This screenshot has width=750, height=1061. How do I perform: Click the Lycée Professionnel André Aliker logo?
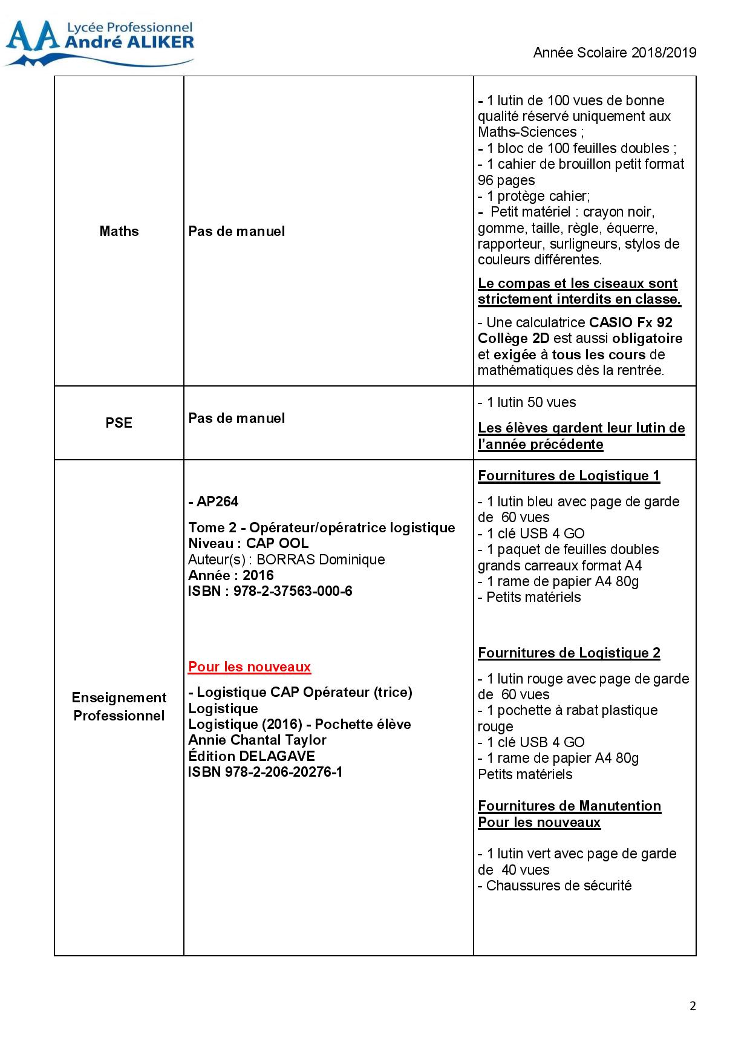point(100,42)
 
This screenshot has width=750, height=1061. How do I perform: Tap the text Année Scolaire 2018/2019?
point(615,53)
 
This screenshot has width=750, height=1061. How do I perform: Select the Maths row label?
point(119,231)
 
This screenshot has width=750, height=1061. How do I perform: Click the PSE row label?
point(119,423)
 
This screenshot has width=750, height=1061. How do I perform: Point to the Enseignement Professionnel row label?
point(119,707)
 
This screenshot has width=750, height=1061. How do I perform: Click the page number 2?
point(693,1006)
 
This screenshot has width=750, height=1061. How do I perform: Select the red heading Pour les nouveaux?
point(249,667)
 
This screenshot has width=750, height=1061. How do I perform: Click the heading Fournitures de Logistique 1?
point(569,475)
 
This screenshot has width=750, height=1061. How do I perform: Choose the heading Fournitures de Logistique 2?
point(569,653)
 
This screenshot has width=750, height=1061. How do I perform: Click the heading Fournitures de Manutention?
point(569,806)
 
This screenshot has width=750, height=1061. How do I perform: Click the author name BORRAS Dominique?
point(321,560)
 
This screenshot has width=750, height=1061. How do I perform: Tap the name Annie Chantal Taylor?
point(257,740)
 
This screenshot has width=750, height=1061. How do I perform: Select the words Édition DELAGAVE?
point(252,756)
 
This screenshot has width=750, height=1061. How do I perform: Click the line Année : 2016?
point(231,575)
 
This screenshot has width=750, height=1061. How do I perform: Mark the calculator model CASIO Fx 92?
point(631,322)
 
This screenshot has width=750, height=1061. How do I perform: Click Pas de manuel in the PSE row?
point(236,418)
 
